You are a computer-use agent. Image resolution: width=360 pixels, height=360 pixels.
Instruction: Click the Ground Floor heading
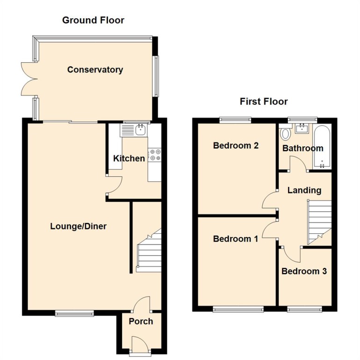click(x=93, y=20)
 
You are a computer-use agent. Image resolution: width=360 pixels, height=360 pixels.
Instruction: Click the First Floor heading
click(x=264, y=101)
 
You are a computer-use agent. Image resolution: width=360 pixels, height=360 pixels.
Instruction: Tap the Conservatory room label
click(x=95, y=70)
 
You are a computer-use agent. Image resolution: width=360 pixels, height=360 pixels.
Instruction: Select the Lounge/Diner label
click(x=78, y=226)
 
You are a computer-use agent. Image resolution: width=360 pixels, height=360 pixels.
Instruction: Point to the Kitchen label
click(x=129, y=158)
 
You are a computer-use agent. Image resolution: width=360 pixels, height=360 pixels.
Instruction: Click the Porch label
click(x=141, y=321)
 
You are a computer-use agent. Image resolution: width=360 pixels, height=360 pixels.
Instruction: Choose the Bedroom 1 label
click(x=235, y=239)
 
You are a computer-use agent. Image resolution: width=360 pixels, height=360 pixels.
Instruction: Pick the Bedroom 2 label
click(x=236, y=145)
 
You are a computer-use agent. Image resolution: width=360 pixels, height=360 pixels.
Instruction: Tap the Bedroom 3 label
click(x=304, y=271)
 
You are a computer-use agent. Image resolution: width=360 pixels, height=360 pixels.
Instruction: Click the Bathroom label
click(x=302, y=148)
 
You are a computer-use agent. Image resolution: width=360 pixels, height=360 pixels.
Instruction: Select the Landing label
click(x=304, y=190)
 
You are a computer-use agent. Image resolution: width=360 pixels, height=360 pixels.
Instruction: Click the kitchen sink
click(x=140, y=130)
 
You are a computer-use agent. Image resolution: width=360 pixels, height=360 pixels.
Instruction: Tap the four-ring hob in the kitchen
click(x=155, y=155)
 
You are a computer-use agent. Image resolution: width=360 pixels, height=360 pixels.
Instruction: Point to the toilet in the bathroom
click(x=285, y=135)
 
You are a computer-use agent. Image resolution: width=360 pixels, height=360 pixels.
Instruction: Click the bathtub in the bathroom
click(x=323, y=147)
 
